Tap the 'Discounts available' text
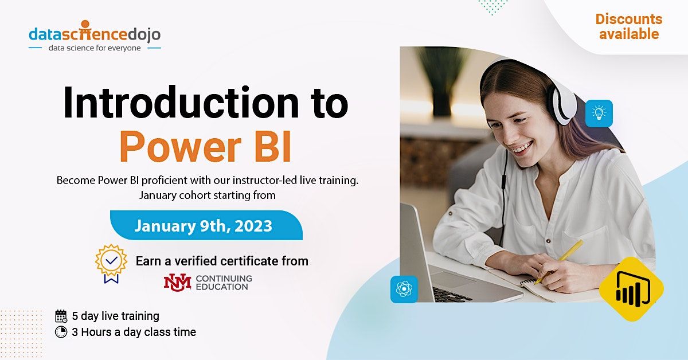tap(628, 26)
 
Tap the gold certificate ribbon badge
tap(111, 263)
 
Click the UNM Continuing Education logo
tap(208, 281)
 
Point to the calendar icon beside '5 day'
tap(61, 316)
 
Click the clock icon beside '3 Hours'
tap(61, 332)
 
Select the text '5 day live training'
tap(115, 316)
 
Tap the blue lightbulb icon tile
tap(599, 114)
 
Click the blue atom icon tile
tap(404, 289)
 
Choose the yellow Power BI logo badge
tap(631, 289)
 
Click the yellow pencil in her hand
tap(558, 261)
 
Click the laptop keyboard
tap(453, 293)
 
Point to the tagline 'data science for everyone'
tap(95, 48)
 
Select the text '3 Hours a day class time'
tap(134, 332)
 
